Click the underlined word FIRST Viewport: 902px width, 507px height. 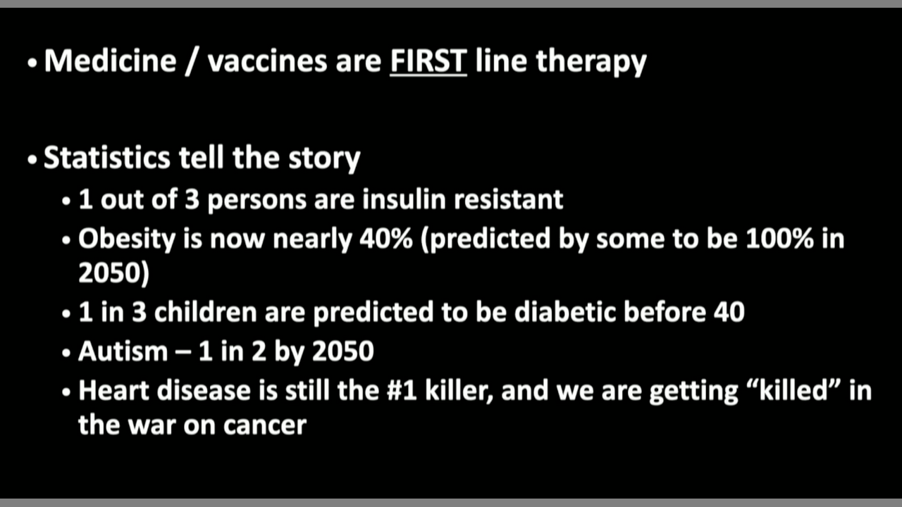[428, 61]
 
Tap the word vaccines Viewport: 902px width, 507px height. [267, 61]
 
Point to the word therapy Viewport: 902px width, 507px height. [591, 63]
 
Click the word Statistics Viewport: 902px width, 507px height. [107, 157]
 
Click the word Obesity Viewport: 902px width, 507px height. [127, 239]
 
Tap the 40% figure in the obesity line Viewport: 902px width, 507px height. [386, 239]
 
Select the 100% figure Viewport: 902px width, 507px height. [779, 239]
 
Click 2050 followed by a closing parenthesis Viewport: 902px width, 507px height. [114, 273]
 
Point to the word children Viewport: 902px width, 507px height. [205, 312]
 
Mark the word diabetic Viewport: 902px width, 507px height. [565, 312]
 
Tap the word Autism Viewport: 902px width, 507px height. [123, 351]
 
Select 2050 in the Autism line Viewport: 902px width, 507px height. [343, 351]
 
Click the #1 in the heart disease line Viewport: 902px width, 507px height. [402, 391]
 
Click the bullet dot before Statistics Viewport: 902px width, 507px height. [32, 160]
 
